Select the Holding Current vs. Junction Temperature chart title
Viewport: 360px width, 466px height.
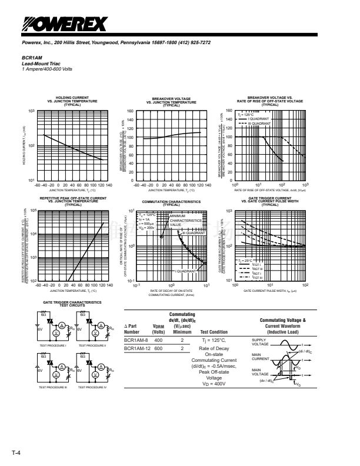point(72,99)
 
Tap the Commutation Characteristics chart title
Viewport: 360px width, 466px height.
point(172,201)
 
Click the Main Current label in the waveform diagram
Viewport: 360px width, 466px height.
point(260,357)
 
